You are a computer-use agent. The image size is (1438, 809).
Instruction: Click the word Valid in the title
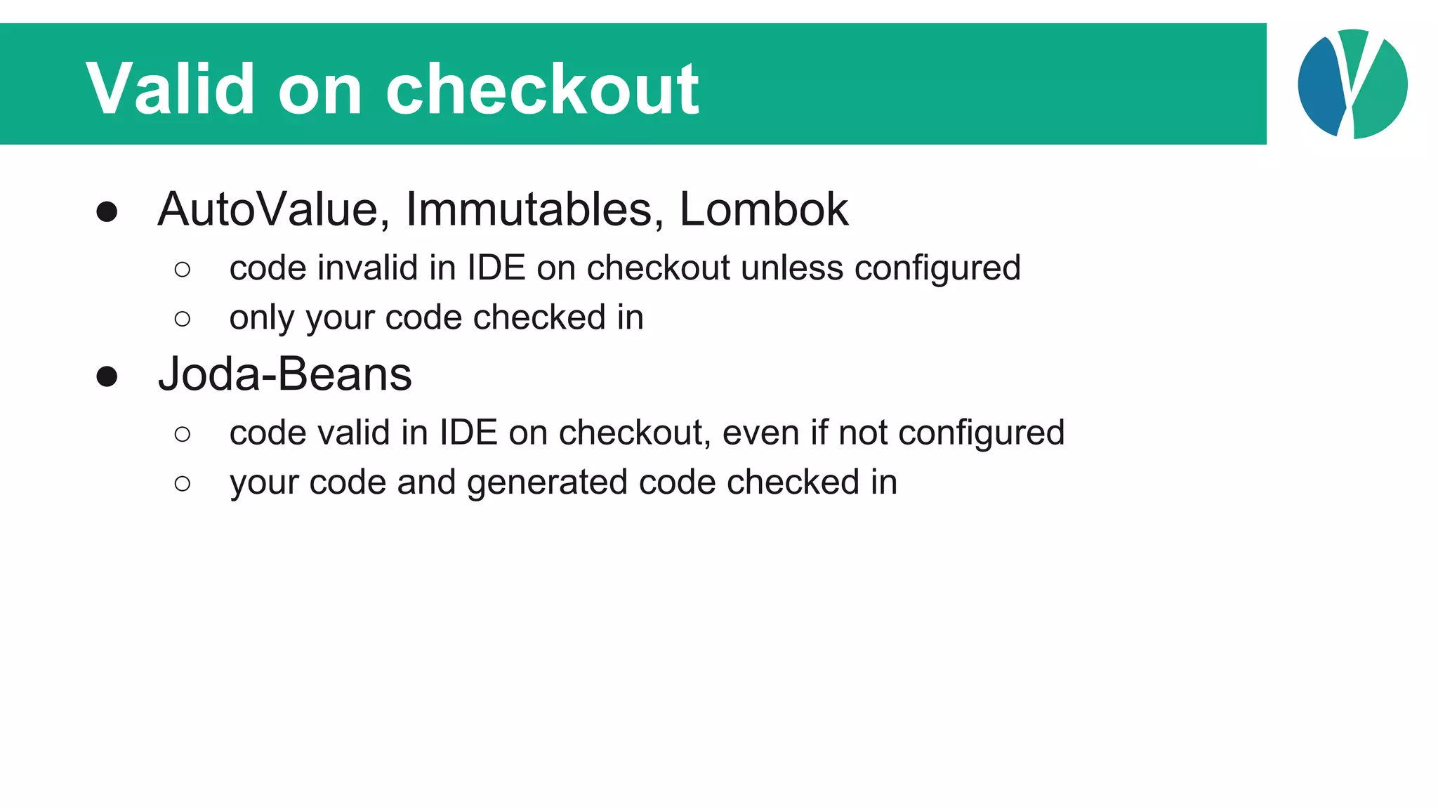(x=170, y=89)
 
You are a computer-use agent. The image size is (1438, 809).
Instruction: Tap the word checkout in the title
(x=542, y=89)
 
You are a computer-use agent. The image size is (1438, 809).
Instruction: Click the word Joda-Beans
(x=284, y=374)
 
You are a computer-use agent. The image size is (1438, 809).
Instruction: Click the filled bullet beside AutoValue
(x=107, y=212)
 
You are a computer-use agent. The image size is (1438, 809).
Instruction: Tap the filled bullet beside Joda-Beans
(x=107, y=377)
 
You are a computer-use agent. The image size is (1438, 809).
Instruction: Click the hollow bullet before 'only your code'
(x=183, y=320)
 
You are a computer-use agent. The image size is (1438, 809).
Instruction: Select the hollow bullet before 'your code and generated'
(x=183, y=484)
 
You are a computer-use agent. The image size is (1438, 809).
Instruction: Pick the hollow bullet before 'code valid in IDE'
(x=183, y=435)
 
